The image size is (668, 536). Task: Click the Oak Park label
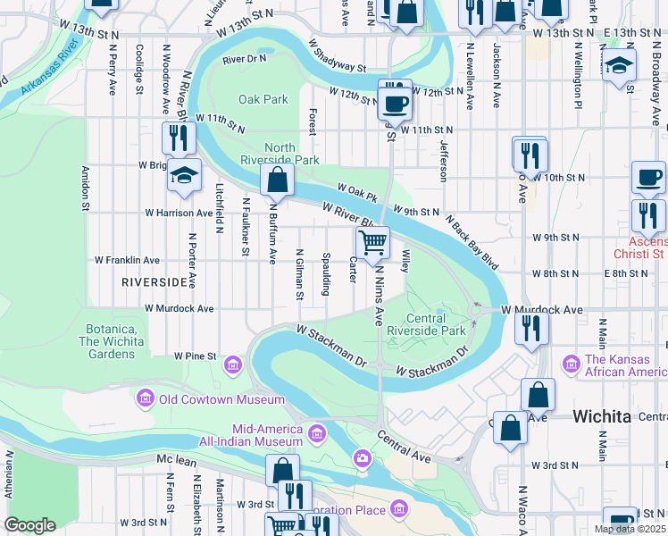click(x=263, y=99)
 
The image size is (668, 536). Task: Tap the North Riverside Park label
click(x=292, y=154)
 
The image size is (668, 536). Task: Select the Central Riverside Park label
click(x=436, y=324)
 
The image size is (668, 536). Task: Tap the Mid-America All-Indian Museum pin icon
click(x=316, y=435)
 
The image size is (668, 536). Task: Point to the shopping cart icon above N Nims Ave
click(x=372, y=241)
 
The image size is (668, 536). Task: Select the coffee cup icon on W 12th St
click(x=394, y=102)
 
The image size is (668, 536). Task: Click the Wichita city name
click(x=601, y=416)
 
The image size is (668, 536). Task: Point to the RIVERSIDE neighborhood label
click(x=155, y=282)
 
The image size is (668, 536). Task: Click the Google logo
click(x=29, y=525)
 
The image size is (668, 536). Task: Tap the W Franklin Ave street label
click(x=127, y=261)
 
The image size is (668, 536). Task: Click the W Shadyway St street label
click(x=338, y=54)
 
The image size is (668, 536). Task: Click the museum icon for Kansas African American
click(x=572, y=364)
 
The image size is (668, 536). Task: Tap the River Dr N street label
click(x=245, y=59)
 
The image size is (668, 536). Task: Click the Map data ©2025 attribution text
click(x=629, y=529)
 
